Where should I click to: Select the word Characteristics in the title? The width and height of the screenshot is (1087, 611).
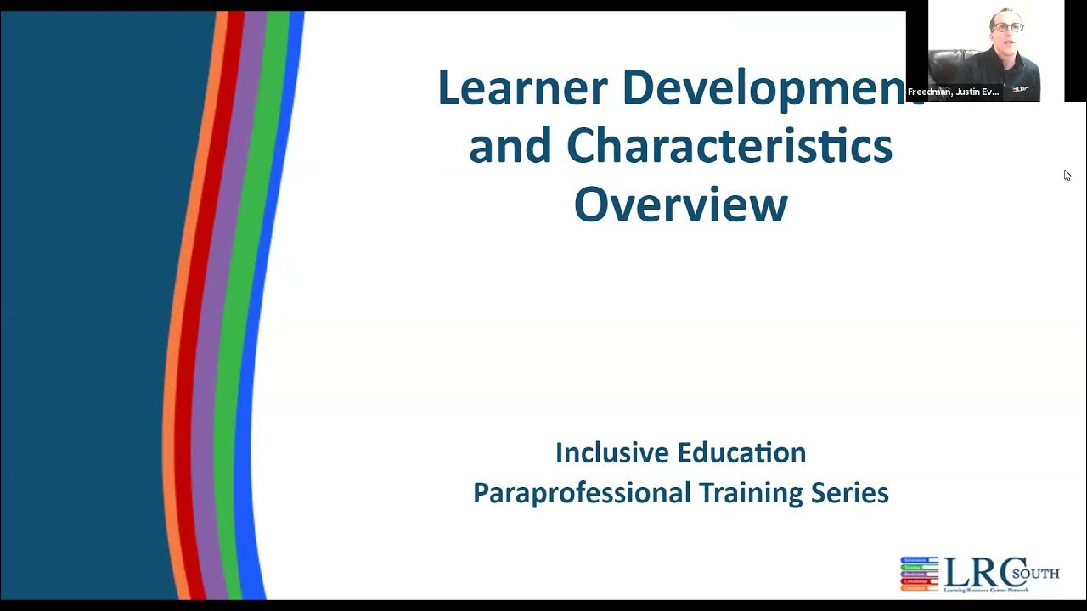click(729, 147)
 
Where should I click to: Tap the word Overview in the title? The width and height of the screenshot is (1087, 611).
click(680, 205)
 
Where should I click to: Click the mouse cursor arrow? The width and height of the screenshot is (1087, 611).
click(1067, 175)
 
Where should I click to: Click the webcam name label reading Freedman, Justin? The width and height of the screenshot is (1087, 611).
click(953, 92)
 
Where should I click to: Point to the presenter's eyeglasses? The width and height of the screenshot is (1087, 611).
click(1007, 27)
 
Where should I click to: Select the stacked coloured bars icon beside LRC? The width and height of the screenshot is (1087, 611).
click(919, 574)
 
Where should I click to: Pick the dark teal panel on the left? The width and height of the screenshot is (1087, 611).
click(85, 305)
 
